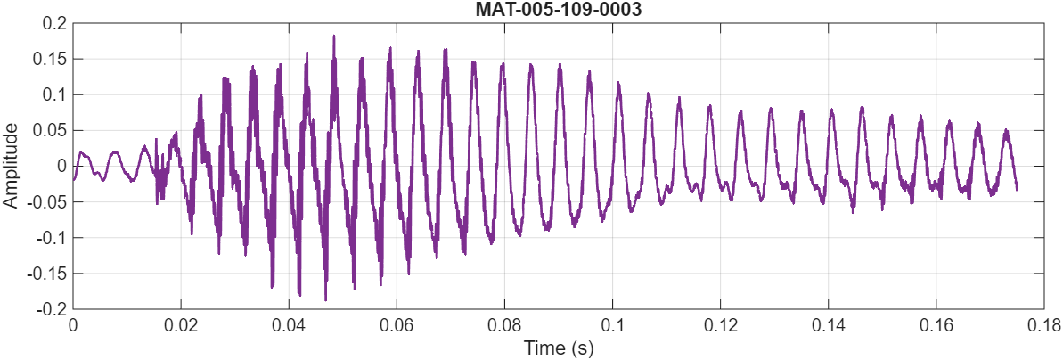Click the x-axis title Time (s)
tap(559, 348)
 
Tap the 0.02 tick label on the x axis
tap(181, 325)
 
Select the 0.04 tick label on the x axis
tap(289, 325)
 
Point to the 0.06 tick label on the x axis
tap(397, 325)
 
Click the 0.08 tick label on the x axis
tap(504, 325)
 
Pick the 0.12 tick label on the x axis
tap(721, 325)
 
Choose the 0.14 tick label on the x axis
tap(829, 325)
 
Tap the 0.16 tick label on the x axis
tap(936, 325)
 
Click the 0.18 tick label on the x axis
tap(1044, 325)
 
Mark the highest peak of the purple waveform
tap(334, 37)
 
